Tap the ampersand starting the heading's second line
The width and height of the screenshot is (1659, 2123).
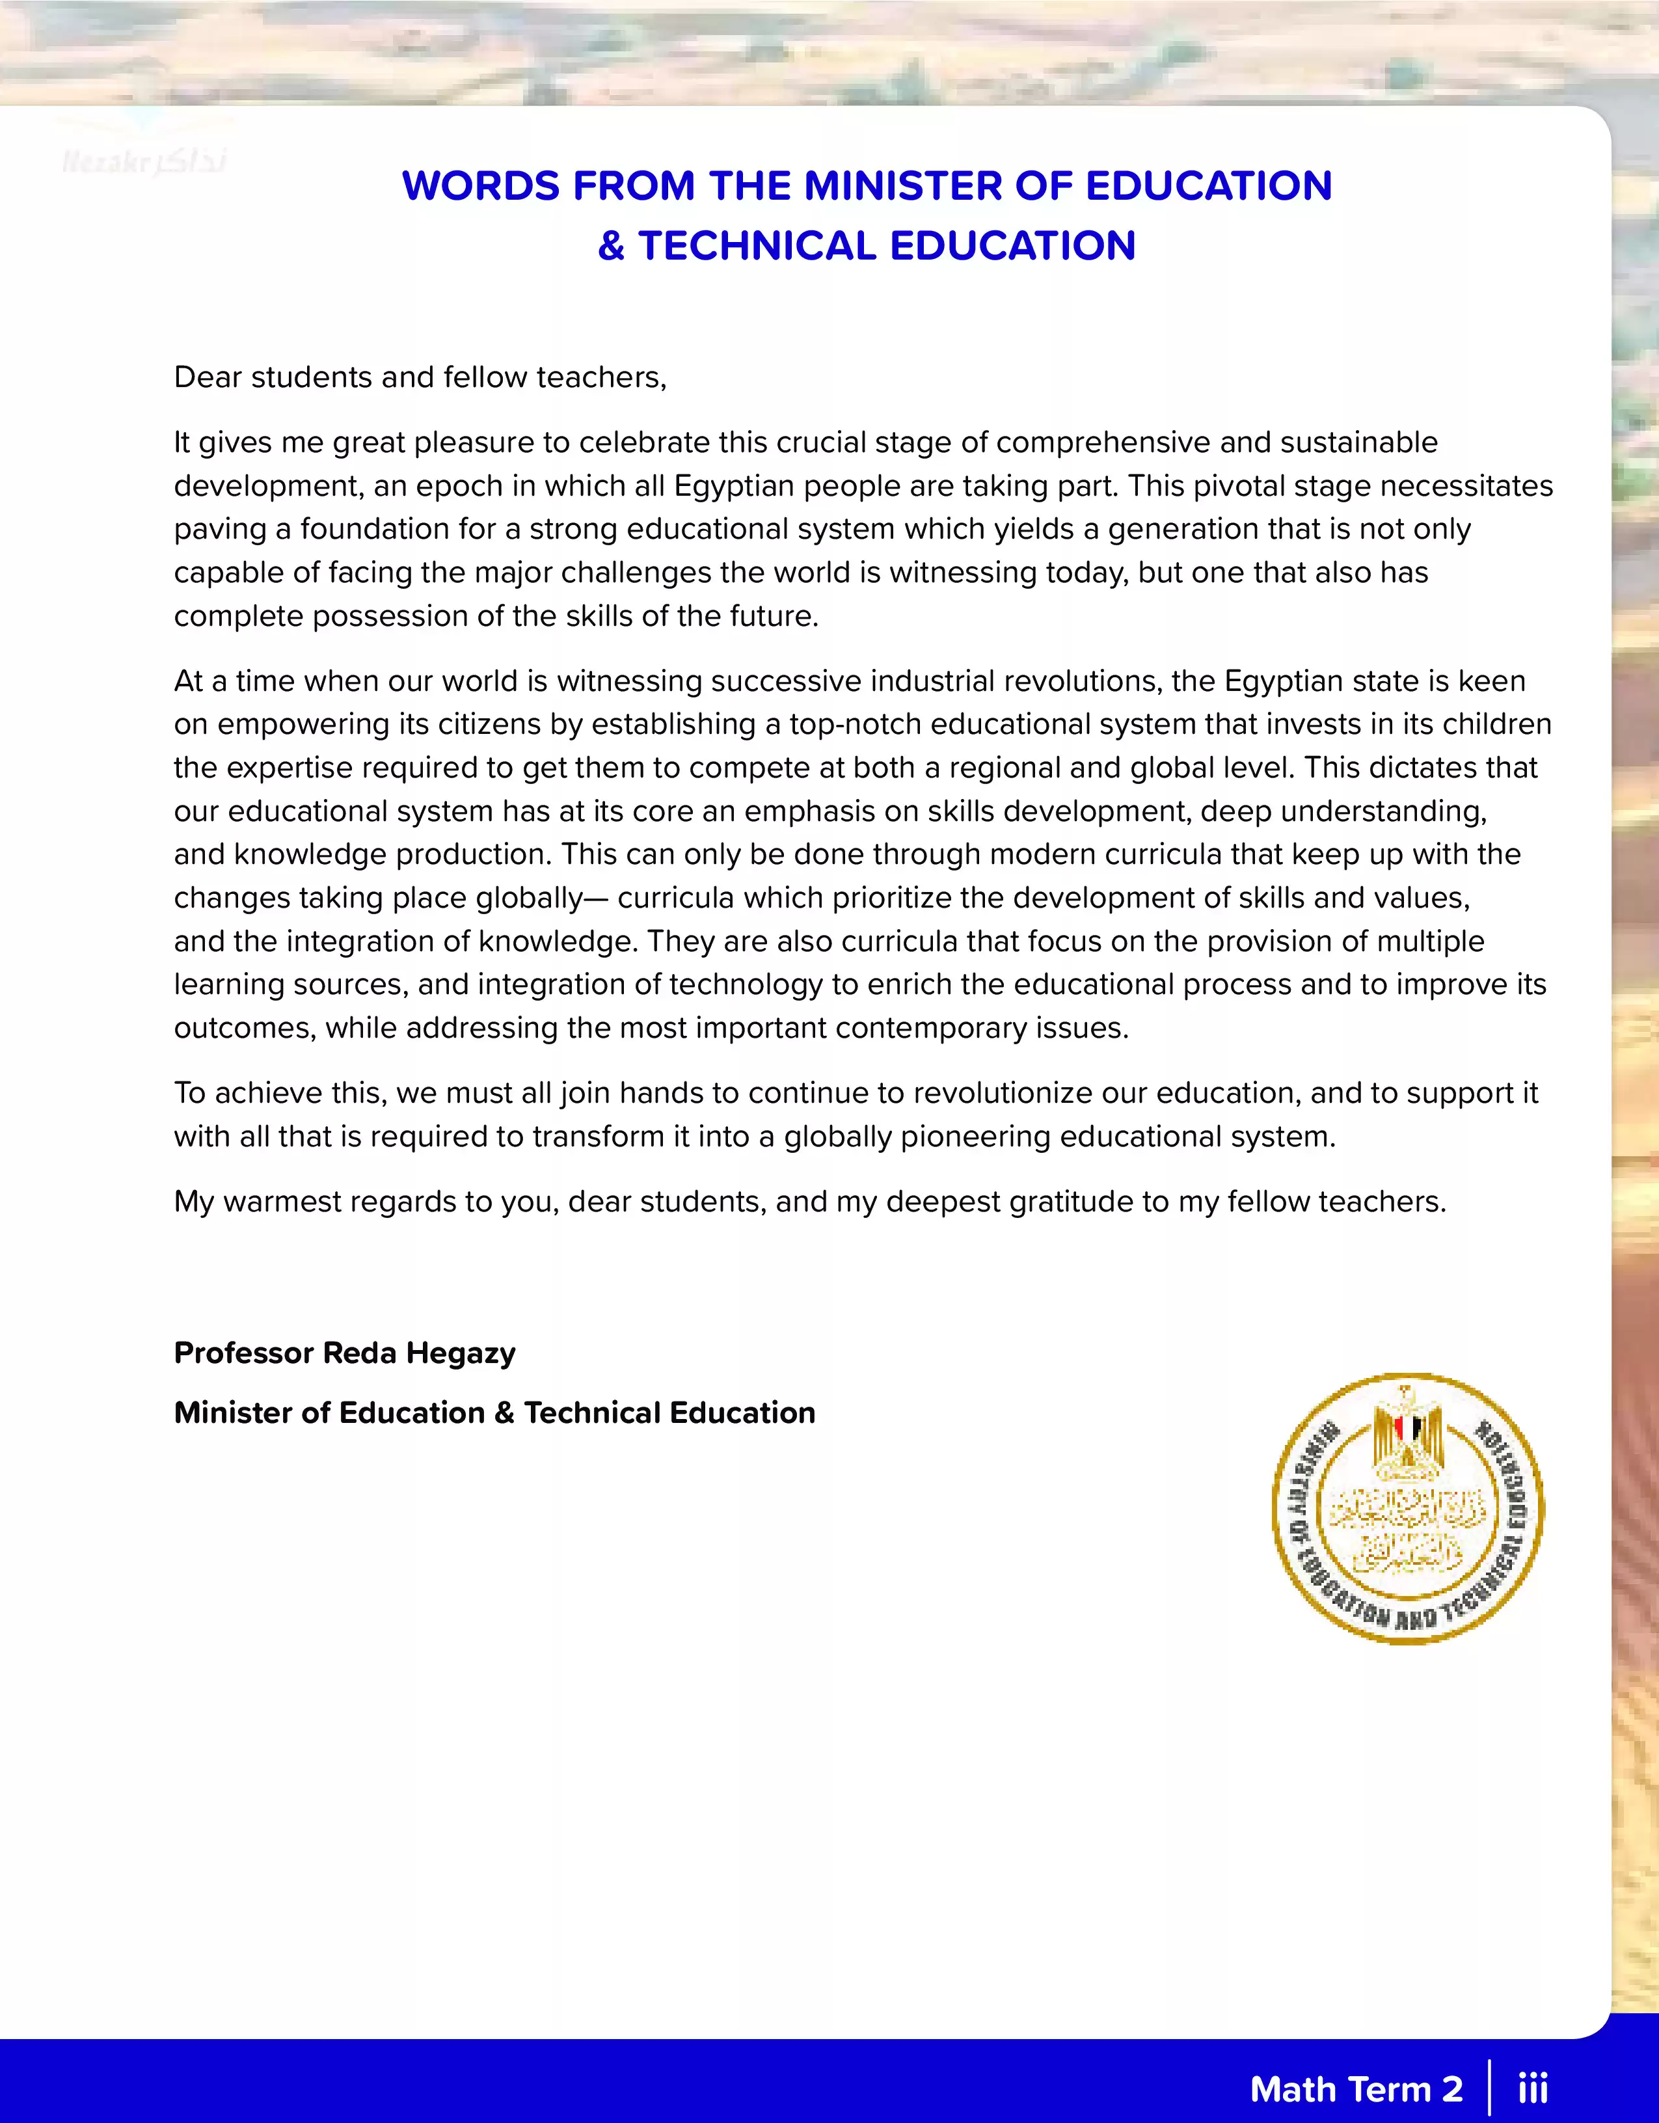(610, 246)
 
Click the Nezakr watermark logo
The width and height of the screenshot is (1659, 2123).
(144, 161)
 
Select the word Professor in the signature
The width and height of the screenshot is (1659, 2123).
(244, 1353)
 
